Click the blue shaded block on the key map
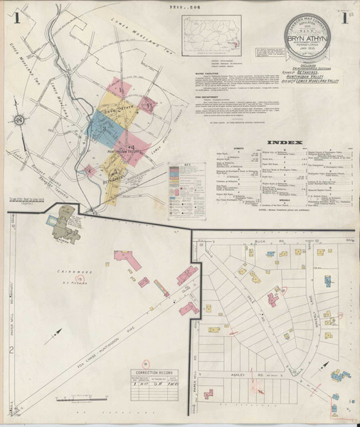[x=101, y=127]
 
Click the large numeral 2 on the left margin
[x=12, y=349]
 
